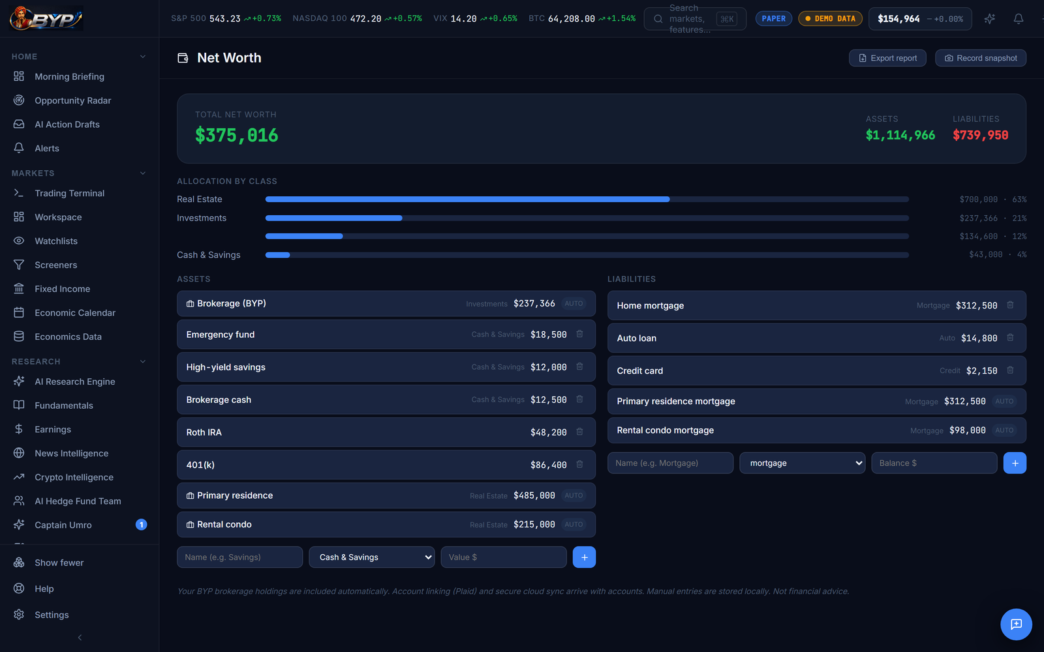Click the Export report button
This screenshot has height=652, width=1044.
tap(887, 58)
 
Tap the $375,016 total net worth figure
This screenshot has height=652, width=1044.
tap(237, 136)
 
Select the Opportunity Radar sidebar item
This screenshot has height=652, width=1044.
tap(72, 100)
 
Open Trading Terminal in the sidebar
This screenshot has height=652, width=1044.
tap(69, 193)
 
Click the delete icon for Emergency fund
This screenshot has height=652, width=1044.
tap(579, 334)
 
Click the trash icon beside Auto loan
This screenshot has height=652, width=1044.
tap(1010, 338)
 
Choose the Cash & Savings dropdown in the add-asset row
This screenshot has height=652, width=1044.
tap(371, 557)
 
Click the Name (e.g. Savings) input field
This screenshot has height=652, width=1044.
tap(239, 557)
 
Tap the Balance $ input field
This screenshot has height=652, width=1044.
tap(934, 463)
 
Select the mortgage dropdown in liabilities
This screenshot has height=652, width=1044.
tap(802, 463)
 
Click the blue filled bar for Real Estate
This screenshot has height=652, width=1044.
tap(467, 200)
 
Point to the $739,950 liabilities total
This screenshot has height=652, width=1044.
tap(980, 135)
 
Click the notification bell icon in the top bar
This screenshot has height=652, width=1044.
tap(1019, 19)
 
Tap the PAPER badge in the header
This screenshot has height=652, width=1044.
tap(774, 19)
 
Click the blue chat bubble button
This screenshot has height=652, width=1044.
tap(1016, 624)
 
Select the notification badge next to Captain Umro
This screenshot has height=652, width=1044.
tap(141, 524)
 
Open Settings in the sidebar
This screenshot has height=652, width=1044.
tap(52, 615)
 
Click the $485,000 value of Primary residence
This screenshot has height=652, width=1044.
tap(534, 496)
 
